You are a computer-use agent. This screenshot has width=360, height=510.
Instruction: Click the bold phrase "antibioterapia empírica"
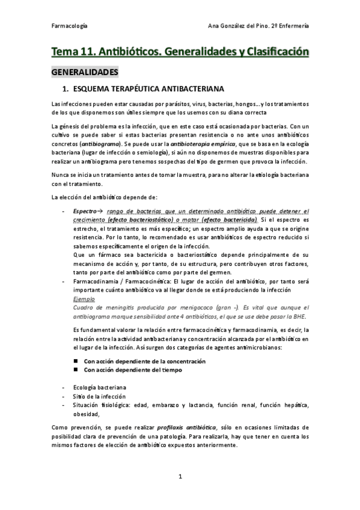(x=203, y=145)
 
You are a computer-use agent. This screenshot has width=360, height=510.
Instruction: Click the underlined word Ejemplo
(x=83, y=298)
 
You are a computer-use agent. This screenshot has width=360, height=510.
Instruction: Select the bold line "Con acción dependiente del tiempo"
(x=133, y=370)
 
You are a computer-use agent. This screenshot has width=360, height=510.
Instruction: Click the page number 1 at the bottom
(x=180, y=477)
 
